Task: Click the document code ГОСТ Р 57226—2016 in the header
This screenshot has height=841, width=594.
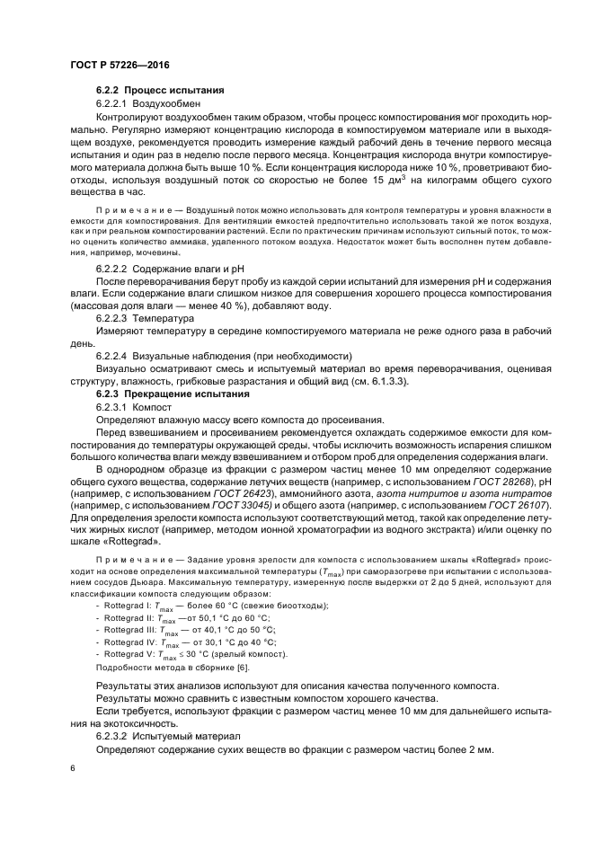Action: pos(120,65)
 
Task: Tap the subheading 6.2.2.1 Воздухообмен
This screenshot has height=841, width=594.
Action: pos(139,104)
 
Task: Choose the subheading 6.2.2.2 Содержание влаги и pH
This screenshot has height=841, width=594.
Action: pos(170,269)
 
